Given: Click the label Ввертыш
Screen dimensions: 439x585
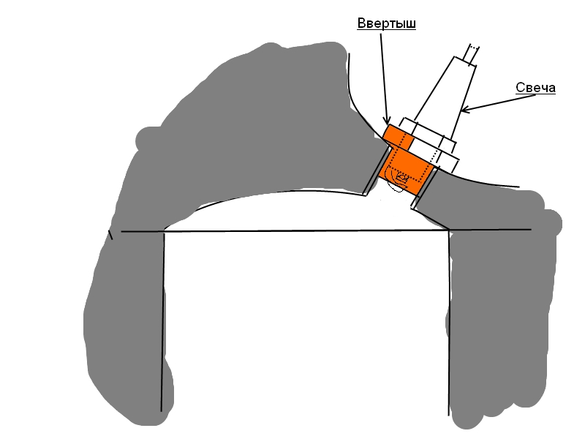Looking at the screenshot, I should tap(386, 23).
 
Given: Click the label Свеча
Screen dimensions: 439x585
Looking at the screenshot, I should tap(536, 88).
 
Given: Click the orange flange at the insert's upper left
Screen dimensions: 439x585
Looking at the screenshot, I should tap(396, 136).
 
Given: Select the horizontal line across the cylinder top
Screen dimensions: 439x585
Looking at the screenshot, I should tap(307, 231).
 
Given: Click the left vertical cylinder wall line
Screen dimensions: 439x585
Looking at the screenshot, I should tap(162, 322).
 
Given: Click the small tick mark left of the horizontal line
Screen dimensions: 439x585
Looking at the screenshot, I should tap(111, 235).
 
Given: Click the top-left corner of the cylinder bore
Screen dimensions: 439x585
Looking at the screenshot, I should tap(163, 232).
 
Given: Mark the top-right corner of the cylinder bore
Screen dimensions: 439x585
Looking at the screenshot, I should tap(449, 231).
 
